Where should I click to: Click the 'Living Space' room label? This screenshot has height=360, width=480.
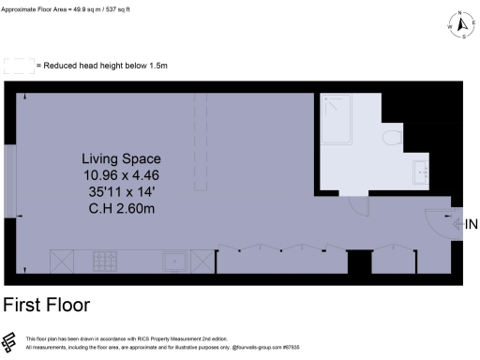(x=120, y=158)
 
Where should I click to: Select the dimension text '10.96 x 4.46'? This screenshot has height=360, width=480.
(x=120, y=175)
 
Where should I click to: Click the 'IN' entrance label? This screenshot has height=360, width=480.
(x=471, y=225)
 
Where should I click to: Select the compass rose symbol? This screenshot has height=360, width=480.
(x=459, y=26)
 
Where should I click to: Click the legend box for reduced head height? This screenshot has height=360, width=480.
(x=18, y=66)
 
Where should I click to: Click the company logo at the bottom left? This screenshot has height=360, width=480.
(x=11, y=342)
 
